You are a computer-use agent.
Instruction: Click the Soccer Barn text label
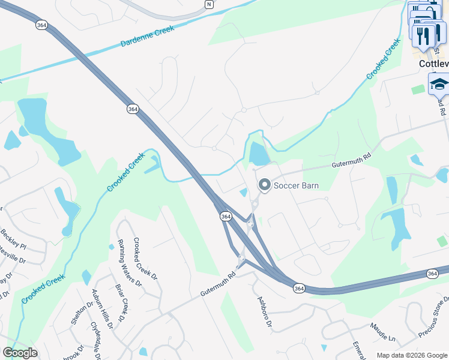(x=296, y=185)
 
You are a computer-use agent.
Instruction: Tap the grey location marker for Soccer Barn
(x=264, y=185)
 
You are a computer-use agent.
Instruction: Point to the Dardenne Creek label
(x=147, y=36)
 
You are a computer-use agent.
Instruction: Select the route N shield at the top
(x=208, y=4)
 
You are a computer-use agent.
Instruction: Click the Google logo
(x=20, y=353)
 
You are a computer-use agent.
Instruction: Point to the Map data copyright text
(x=411, y=355)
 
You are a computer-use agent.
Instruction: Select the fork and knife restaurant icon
(x=424, y=35)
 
